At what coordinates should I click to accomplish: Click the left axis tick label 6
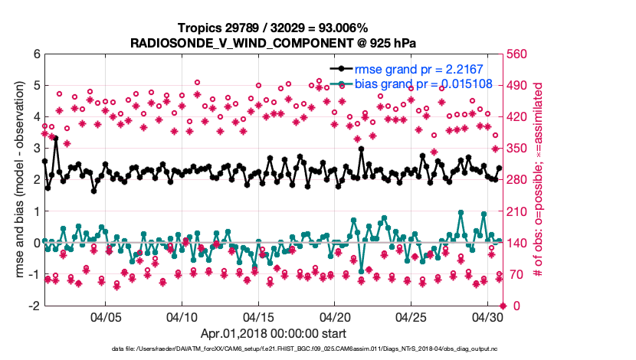pyautogui.click(x=36, y=54)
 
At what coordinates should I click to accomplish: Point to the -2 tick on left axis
pyautogui.click(x=34, y=306)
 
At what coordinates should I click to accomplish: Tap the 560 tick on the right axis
pyautogui.click(x=518, y=54)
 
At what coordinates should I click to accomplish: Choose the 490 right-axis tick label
pyautogui.click(x=518, y=86)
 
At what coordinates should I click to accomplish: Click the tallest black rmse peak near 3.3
pyautogui.click(x=56, y=139)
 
